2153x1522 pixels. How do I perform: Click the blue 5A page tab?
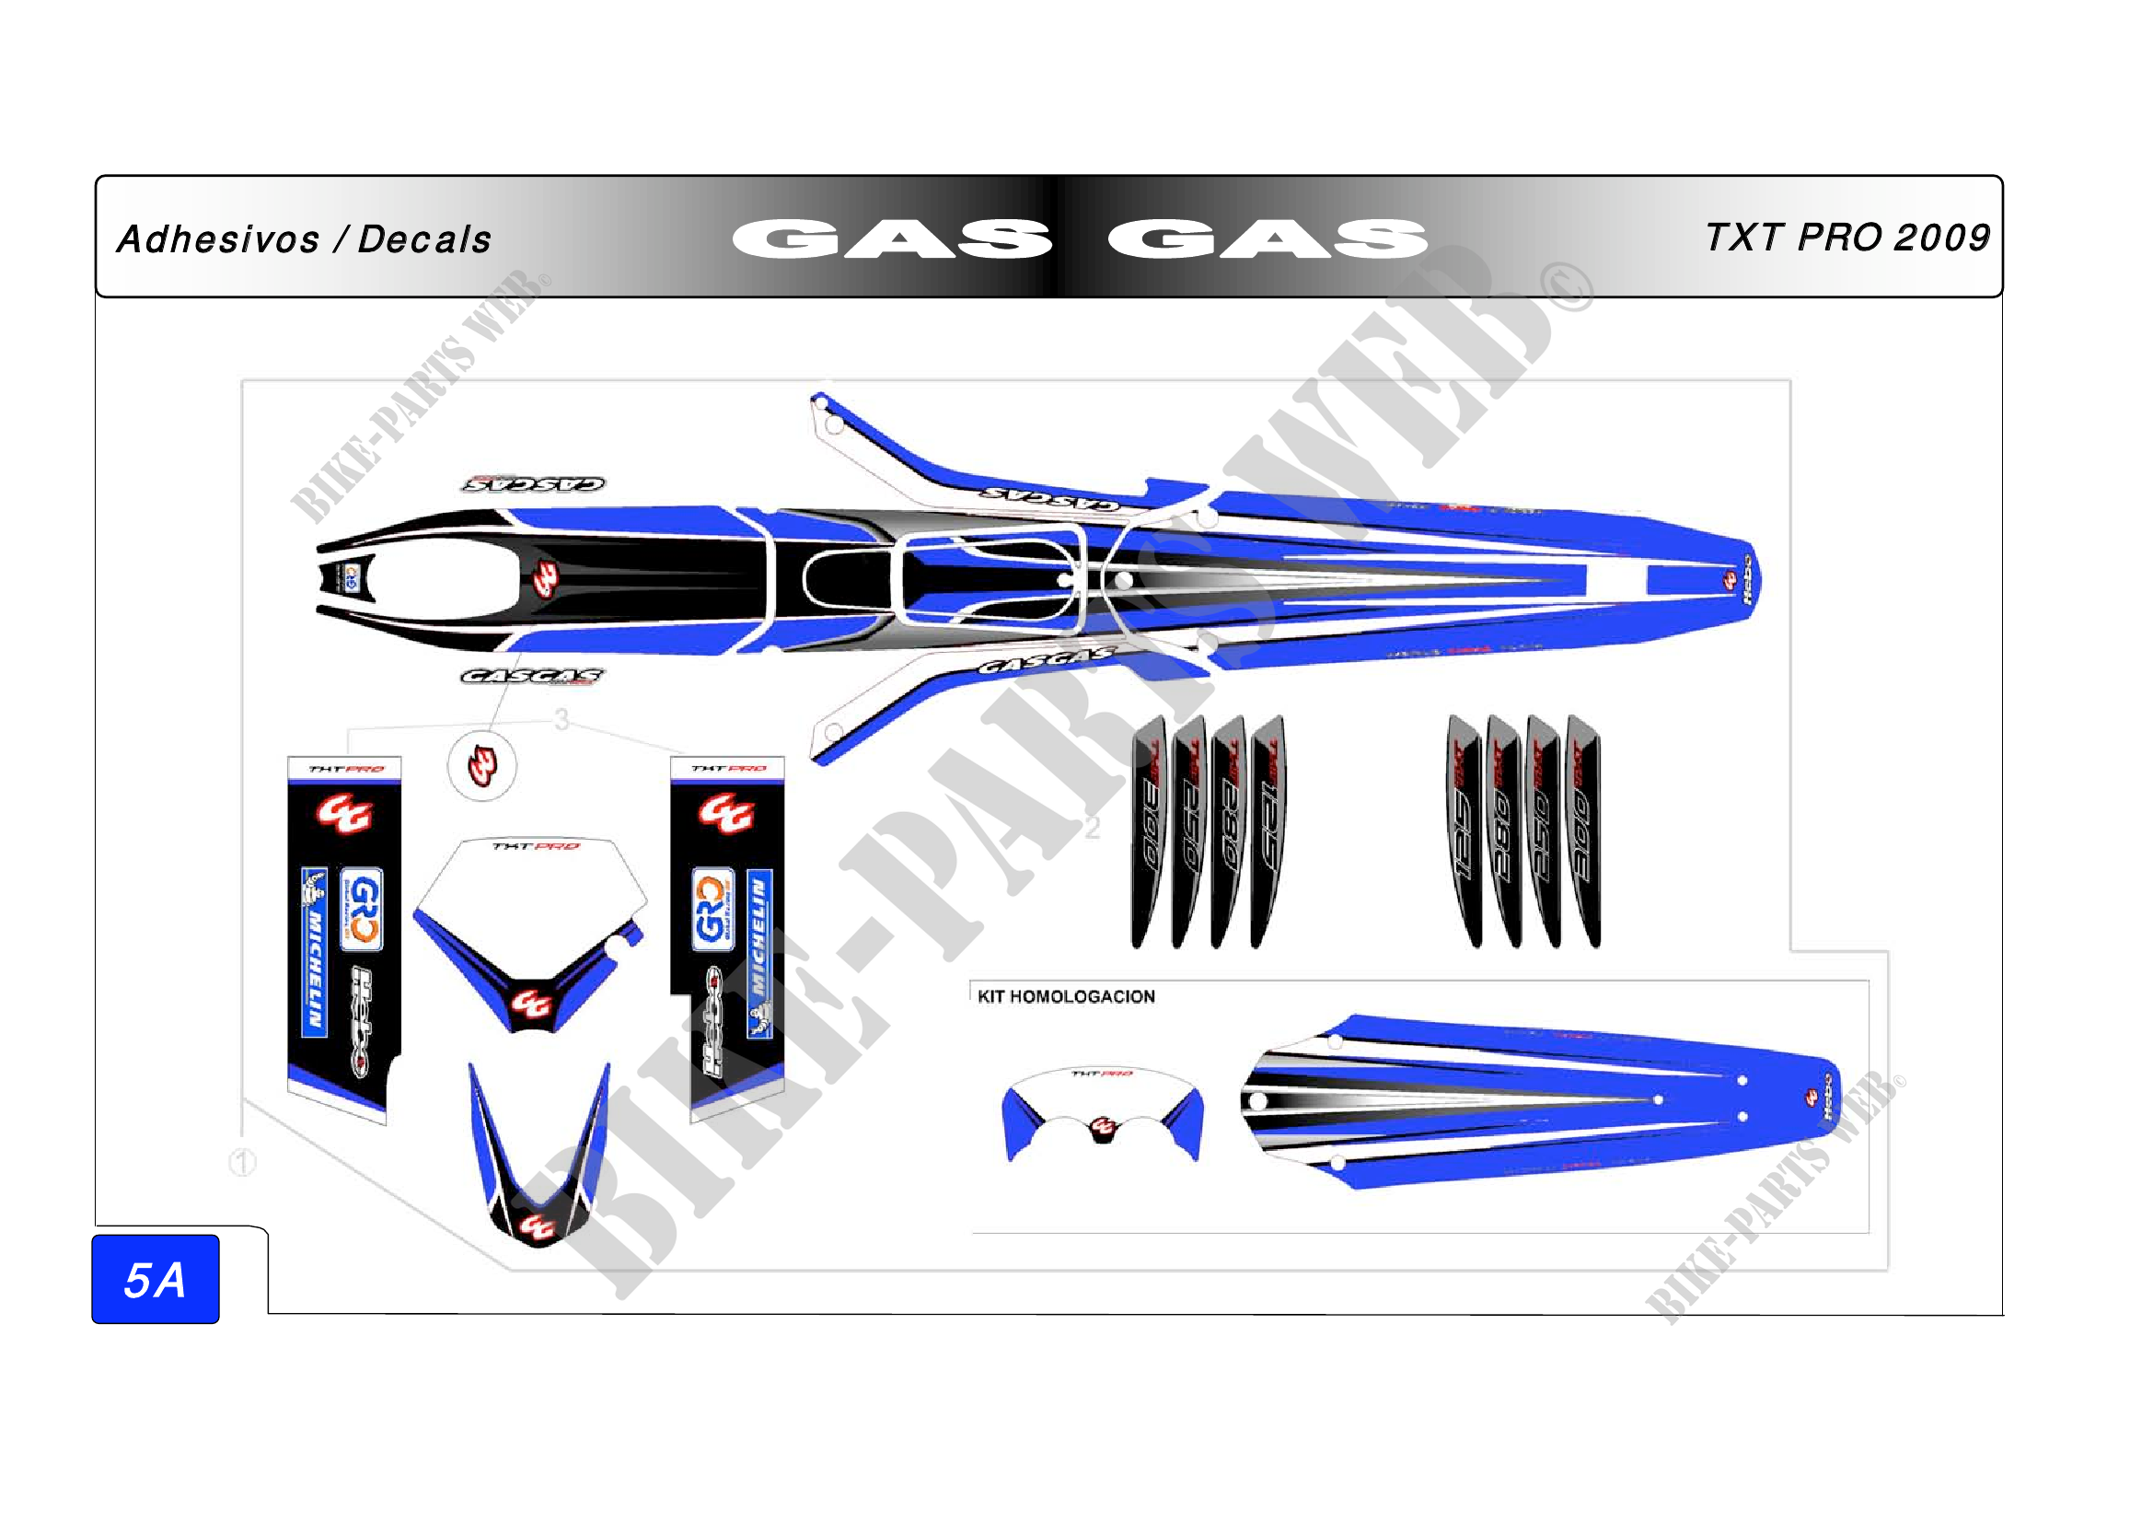pyautogui.click(x=156, y=1279)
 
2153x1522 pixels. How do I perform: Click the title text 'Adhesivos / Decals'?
pyautogui.click(x=304, y=239)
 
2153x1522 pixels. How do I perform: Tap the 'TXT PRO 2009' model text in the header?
pyautogui.click(x=1846, y=238)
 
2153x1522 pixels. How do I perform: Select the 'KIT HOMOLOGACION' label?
pyautogui.click(x=1065, y=996)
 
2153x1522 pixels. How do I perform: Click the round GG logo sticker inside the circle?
pyautogui.click(x=482, y=765)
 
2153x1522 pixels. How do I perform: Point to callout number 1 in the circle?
pyautogui.click(x=243, y=1163)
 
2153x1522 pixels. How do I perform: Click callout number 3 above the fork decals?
pyautogui.click(x=561, y=719)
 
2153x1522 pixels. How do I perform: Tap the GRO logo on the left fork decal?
pyautogui.click(x=361, y=910)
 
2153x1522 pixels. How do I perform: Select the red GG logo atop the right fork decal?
pyautogui.click(x=725, y=812)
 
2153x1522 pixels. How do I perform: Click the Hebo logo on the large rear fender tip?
pyautogui.click(x=1745, y=576)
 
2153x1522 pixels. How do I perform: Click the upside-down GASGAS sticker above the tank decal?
pyautogui.click(x=534, y=484)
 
